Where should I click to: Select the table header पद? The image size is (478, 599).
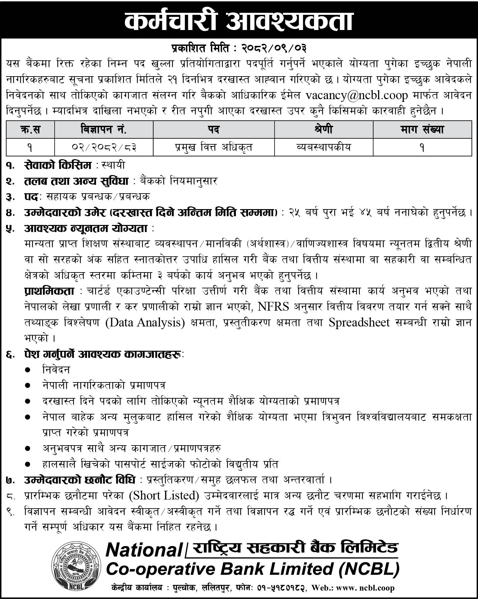214,130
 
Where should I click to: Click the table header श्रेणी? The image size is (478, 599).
324,130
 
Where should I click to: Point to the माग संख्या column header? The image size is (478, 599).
422,130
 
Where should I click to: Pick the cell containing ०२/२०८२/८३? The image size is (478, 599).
104,147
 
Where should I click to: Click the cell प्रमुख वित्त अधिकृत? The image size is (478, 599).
214,147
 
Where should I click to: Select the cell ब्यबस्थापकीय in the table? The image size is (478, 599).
324,147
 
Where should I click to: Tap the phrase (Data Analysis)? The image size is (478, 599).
145,322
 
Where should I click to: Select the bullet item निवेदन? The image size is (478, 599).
56,370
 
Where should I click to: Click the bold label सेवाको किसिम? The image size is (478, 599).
58,165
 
